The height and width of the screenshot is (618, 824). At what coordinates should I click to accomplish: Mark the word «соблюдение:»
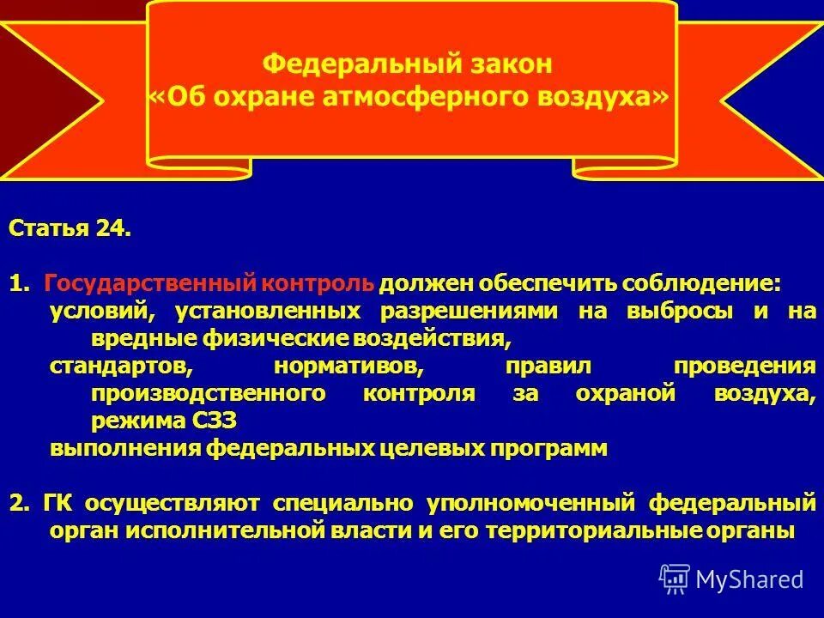point(702,284)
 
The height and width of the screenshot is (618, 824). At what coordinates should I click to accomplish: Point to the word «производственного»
point(209,393)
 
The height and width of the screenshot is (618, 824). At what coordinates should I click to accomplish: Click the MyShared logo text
point(749,579)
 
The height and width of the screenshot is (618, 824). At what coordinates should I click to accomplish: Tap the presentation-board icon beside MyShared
point(675,579)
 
